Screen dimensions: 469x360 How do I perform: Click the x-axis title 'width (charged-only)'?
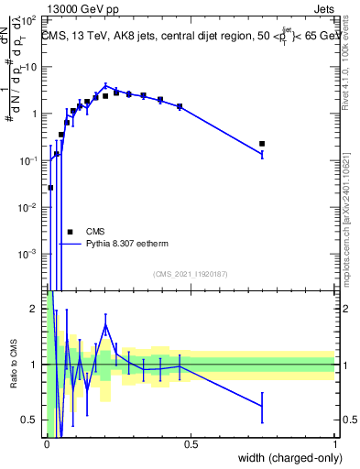coord(285,459)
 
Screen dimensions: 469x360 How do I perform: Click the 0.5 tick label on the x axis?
coord(191,444)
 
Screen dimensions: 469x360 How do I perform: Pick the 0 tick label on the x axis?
coord(47,444)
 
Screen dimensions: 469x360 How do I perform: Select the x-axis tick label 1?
coord(335,444)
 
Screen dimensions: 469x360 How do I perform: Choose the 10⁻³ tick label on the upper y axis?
coord(29,254)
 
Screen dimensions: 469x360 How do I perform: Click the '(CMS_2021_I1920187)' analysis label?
coord(190,274)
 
